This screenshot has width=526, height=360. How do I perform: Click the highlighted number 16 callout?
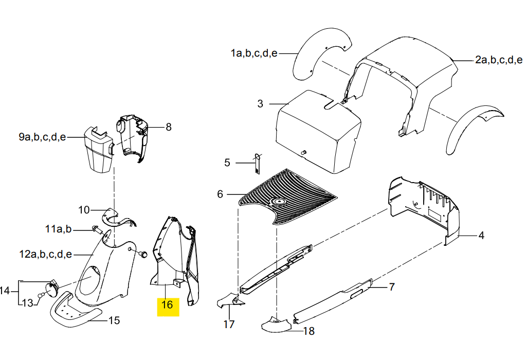point(167,304)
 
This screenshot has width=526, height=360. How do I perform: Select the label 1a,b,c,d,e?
point(254,53)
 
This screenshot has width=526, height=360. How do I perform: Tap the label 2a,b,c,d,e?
point(499,60)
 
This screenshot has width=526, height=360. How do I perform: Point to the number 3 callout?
point(260,104)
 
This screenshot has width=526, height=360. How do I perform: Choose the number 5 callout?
point(227,163)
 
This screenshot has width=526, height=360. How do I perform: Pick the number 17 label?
point(229,325)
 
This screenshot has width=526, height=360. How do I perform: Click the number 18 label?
point(309,331)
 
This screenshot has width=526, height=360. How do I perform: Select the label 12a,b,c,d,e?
point(46,255)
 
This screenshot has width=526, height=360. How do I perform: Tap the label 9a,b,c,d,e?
point(42,137)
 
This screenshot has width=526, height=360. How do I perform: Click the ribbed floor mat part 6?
point(288,196)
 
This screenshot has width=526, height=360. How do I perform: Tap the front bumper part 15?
point(75,310)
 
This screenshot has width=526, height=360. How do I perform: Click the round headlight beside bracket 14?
point(51,290)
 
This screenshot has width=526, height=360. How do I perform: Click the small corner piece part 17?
point(231,300)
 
